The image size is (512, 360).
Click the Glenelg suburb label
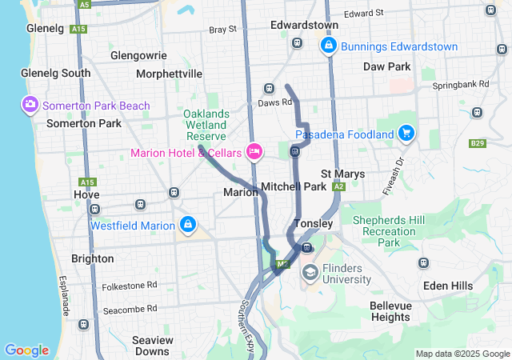(45, 28)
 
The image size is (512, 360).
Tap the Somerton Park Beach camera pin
(30, 105)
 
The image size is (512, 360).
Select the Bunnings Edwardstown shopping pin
(327, 46)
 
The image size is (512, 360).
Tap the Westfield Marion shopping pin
(188, 225)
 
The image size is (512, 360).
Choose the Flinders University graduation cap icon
(309, 273)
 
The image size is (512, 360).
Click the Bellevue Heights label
(390, 311)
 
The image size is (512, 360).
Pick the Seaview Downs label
(152, 346)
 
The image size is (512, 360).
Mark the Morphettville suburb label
(169, 74)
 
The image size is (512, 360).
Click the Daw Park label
(386, 66)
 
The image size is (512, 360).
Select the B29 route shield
(478, 143)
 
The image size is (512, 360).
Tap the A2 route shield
(339, 186)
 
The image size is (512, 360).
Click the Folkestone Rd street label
(129, 285)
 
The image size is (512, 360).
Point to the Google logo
(26, 350)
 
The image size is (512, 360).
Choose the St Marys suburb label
(342, 174)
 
